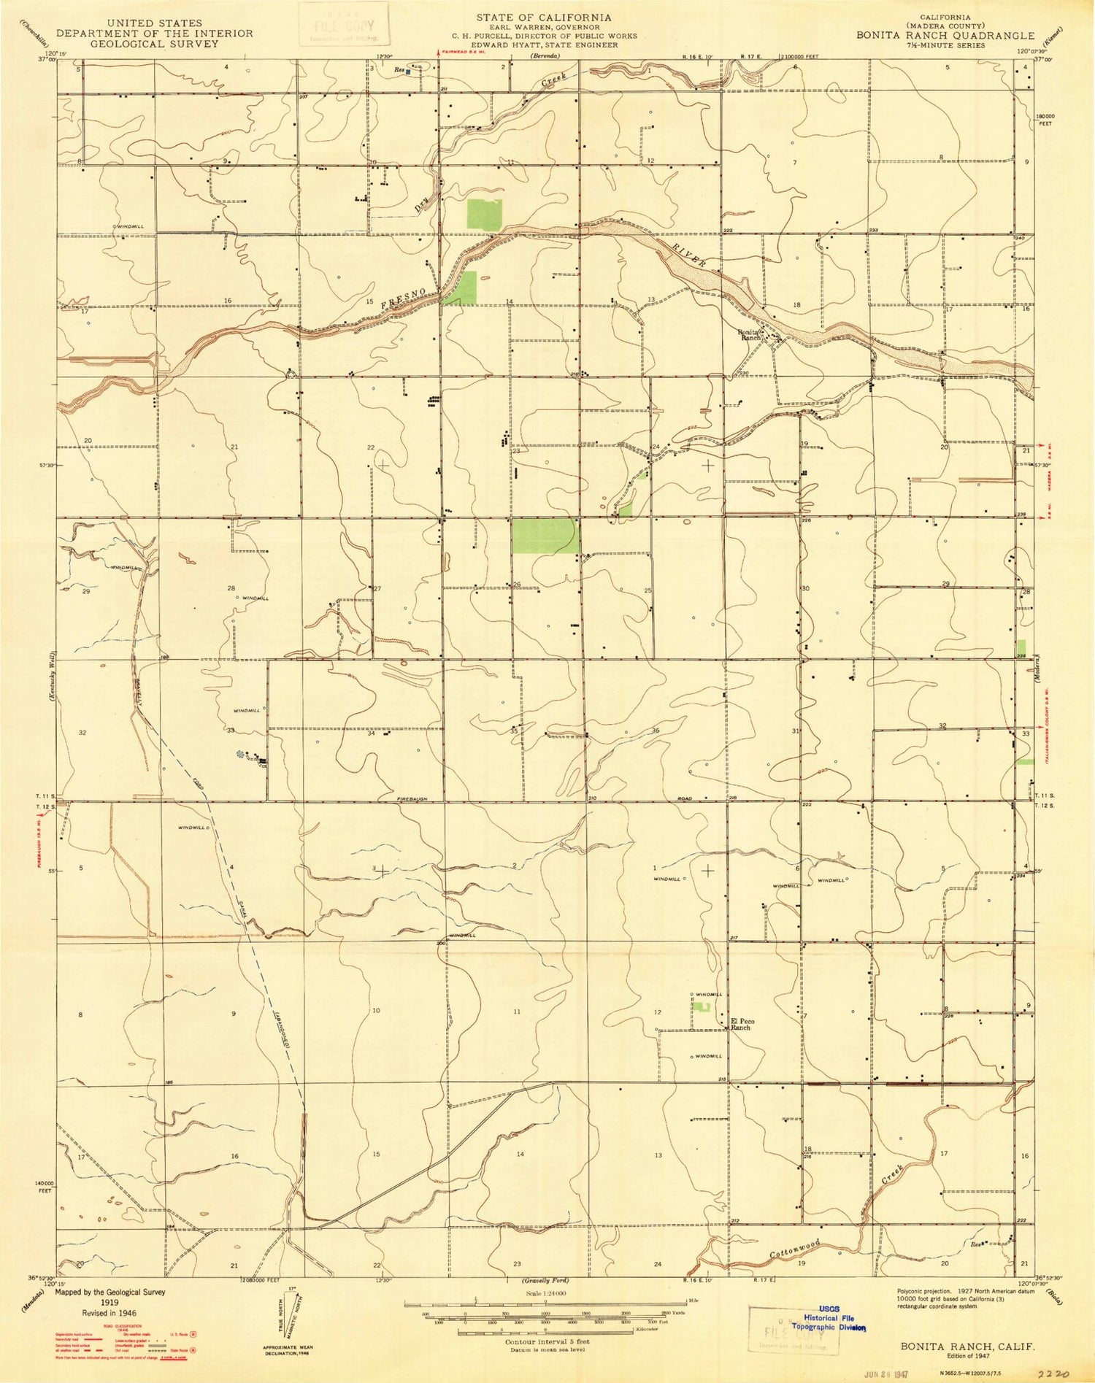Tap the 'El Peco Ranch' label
742,1024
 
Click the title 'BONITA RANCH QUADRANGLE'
945,35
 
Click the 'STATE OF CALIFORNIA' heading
544,17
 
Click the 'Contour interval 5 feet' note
547,1341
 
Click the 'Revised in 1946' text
109,1312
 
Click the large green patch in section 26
544,536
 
